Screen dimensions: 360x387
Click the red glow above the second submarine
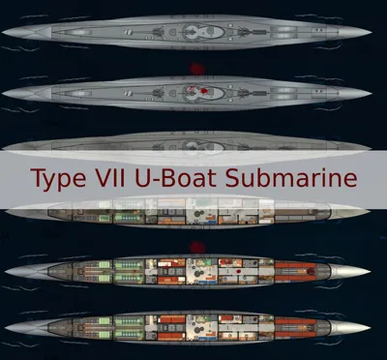pos(195,70)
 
